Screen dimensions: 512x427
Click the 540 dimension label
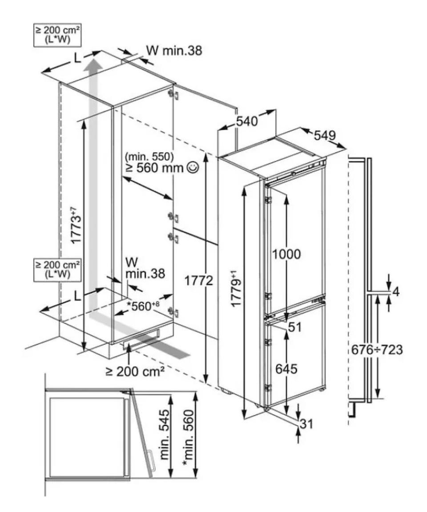(247, 121)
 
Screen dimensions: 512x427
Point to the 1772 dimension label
(199, 281)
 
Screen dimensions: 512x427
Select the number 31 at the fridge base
(306, 424)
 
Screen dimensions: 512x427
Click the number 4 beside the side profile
(396, 292)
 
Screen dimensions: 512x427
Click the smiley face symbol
(192, 168)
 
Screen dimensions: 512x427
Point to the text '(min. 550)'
(149, 157)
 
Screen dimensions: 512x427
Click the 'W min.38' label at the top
(174, 51)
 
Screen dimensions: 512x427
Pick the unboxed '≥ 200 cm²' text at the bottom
(133, 371)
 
